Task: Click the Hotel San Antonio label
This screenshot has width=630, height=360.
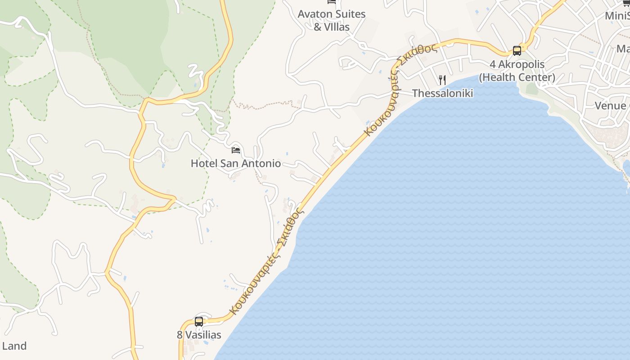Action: click(236, 163)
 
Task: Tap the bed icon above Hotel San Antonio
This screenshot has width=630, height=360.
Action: click(236, 150)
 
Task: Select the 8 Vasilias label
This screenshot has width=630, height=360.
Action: click(199, 335)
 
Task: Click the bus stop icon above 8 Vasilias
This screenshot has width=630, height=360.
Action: click(199, 322)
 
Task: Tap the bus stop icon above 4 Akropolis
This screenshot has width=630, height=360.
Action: click(517, 51)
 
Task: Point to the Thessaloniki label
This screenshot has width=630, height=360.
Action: click(442, 93)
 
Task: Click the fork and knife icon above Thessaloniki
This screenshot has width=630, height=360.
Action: click(442, 80)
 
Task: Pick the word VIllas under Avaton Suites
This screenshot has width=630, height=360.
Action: click(337, 27)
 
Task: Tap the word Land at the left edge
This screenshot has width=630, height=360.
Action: click(14, 346)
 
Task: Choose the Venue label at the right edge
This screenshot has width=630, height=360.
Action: click(610, 106)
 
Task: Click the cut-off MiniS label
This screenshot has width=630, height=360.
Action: click(616, 16)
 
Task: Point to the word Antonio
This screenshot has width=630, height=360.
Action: click(263, 163)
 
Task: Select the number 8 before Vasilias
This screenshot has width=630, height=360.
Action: click(180, 335)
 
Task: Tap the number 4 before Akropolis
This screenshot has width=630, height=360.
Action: click(493, 64)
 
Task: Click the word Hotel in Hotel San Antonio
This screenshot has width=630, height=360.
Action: click(203, 163)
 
